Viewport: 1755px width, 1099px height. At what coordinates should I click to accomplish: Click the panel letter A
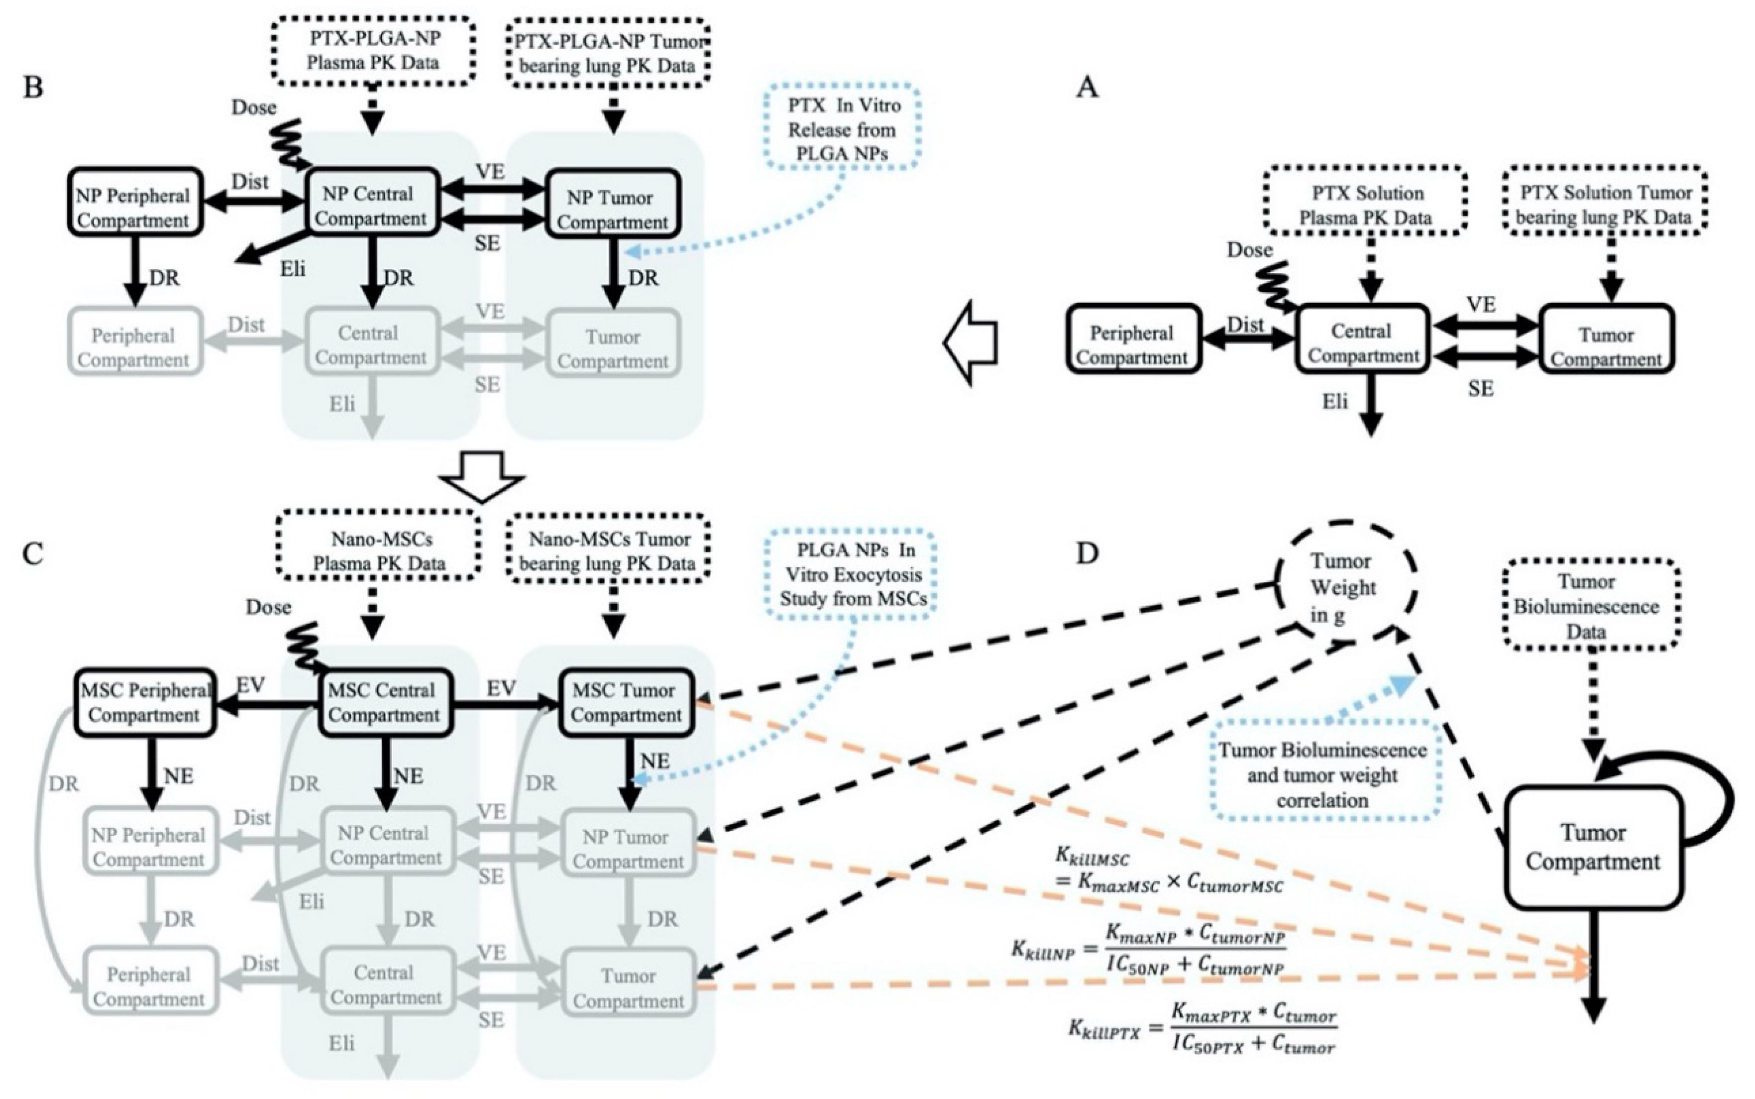[x=1087, y=88]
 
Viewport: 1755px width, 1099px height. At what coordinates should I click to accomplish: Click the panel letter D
[x=1087, y=554]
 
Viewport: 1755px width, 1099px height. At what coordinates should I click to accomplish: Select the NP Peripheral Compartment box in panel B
[x=134, y=203]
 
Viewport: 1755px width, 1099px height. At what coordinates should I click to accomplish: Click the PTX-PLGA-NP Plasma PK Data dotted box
[x=373, y=51]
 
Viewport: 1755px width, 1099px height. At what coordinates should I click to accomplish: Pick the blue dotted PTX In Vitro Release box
[x=842, y=129]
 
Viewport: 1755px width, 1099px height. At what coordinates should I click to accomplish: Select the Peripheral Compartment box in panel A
[x=1132, y=339]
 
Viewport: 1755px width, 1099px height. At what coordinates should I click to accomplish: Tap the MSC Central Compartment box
[x=384, y=702]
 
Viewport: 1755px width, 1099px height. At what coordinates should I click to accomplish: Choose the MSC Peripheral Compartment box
[x=145, y=702]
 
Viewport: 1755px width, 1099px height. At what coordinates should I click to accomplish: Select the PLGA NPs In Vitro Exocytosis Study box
[x=850, y=574]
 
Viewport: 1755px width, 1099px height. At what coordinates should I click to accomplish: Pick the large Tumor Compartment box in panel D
[x=1593, y=848]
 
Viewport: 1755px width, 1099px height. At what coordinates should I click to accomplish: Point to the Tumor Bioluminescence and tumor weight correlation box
[x=1322, y=775]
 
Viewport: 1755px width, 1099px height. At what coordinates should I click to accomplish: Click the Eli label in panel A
[x=1335, y=401]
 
